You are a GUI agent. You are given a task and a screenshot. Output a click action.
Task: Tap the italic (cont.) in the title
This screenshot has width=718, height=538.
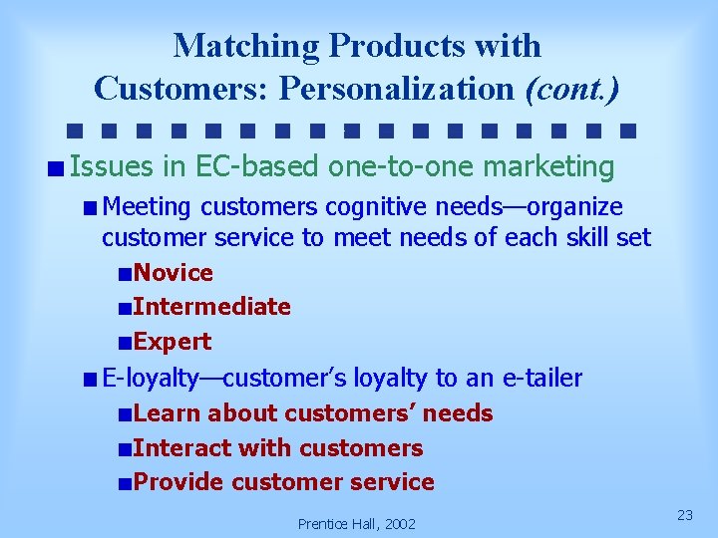click(571, 89)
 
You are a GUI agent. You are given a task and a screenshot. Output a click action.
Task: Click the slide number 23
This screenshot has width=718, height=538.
click(685, 514)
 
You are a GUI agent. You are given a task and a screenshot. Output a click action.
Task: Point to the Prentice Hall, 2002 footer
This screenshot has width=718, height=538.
click(357, 523)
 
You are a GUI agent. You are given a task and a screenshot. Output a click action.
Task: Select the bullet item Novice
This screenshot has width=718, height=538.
click(173, 273)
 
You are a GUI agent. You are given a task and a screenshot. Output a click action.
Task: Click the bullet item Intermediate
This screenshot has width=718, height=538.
click(211, 307)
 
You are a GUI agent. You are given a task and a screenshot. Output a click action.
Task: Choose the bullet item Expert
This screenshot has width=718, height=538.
click(172, 342)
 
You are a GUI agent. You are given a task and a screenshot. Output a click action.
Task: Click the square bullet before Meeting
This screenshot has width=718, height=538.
click(91, 208)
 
